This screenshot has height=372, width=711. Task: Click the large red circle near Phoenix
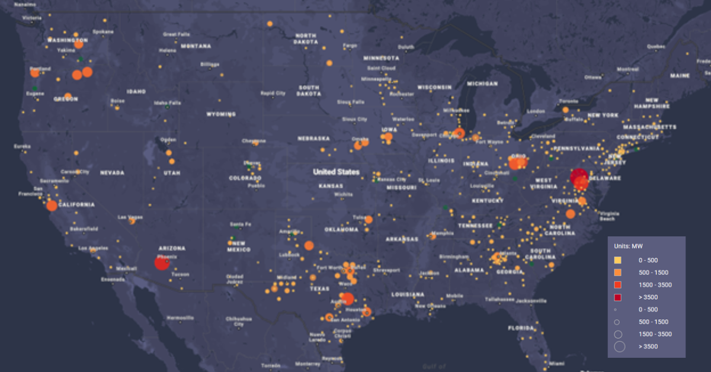pos(162,262)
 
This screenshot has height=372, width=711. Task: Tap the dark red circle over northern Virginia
pos(579,177)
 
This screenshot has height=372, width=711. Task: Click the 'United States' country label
pos(336,172)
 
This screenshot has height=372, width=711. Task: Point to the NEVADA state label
pos(112,173)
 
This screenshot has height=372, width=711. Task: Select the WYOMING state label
pos(220,114)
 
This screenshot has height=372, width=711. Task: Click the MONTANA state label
pos(196,46)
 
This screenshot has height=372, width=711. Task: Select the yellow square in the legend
pos(617,260)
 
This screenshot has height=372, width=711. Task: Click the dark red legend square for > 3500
pos(617,297)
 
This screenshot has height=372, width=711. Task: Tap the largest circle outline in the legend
pos(619,347)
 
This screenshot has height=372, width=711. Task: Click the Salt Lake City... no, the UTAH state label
pos(172,173)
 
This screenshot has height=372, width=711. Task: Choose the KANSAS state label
pos(330,186)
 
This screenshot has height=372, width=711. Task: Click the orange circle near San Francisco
pos(52,206)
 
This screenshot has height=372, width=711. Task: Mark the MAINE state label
pos(680,76)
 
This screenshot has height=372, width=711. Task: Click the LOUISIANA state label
pos(407,294)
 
